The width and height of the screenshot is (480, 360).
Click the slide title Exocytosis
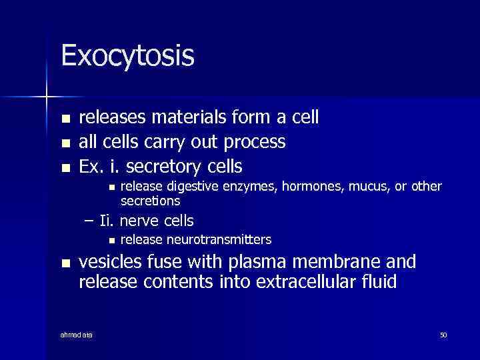click(x=127, y=56)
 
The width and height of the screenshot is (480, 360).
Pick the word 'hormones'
click(x=291, y=188)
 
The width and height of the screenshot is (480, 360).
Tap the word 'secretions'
click(x=151, y=201)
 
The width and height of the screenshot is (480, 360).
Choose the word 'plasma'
click(x=259, y=261)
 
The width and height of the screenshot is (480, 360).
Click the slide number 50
click(x=443, y=335)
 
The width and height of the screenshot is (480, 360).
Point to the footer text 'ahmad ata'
click(x=77, y=335)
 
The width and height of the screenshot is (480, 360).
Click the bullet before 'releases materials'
click(x=65, y=119)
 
